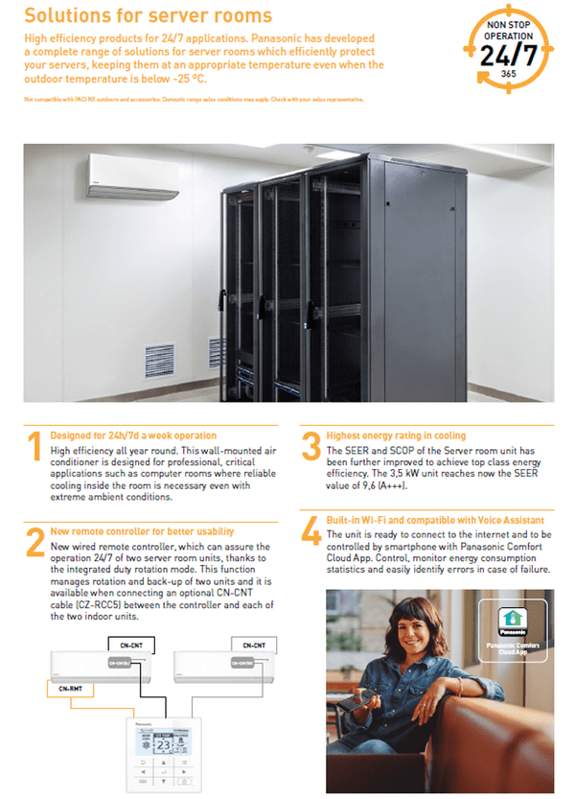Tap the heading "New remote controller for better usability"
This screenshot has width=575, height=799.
pos(142,531)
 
